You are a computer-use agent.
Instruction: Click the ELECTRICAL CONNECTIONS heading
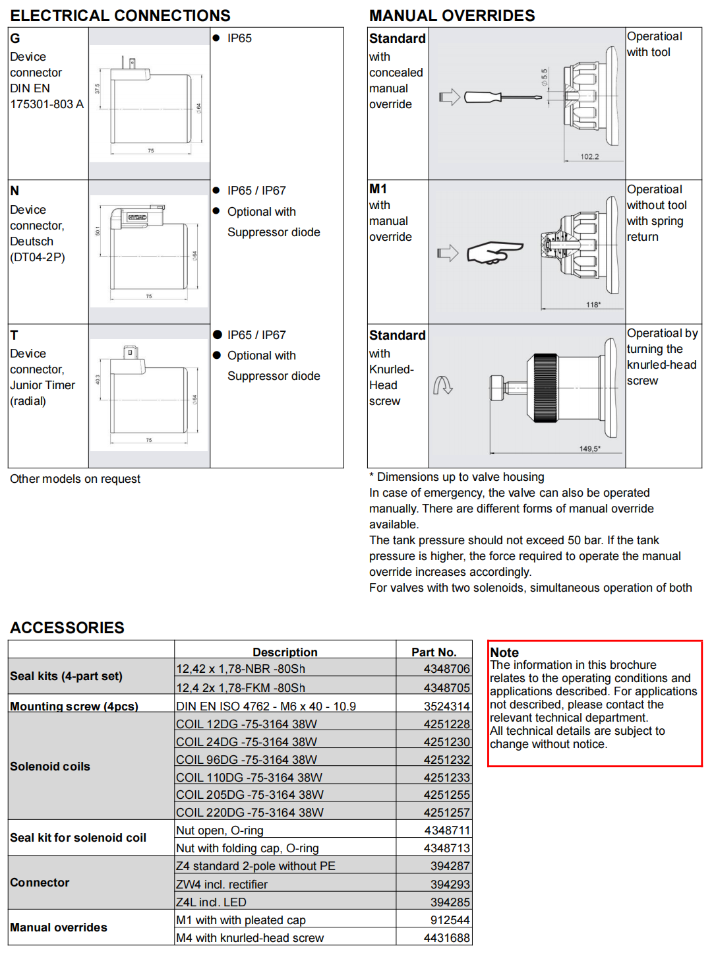tap(120, 15)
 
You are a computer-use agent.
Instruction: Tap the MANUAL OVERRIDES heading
tap(452, 15)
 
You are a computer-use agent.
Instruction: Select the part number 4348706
tap(446, 669)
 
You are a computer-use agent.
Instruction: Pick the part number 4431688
tap(446, 938)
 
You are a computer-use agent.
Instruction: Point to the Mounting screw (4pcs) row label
tap(74, 706)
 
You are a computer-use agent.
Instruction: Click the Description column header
tap(285, 652)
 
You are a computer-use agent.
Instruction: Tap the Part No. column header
tap(434, 652)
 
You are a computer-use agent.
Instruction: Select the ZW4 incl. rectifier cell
tap(222, 885)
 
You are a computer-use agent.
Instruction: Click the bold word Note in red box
tap(504, 652)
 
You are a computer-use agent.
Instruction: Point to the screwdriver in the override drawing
tap(502, 98)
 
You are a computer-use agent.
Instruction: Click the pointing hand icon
tap(494, 253)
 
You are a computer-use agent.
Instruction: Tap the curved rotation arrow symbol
tap(442, 385)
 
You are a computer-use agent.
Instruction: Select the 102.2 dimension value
tap(589, 157)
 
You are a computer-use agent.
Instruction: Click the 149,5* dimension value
tap(590, 449)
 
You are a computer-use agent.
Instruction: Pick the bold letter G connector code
tap(15, 38)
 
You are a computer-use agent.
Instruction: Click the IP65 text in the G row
tap(239, 38)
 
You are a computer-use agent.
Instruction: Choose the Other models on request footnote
tap(75, 479)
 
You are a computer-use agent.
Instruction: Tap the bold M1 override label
tap(378, 189)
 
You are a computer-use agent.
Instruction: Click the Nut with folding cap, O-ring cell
tap(247, 848)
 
